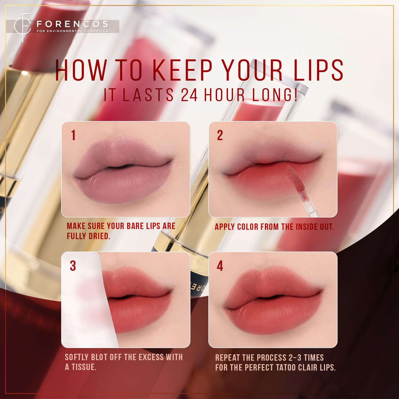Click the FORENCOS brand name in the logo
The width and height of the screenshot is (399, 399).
pyautogui.click(x=72, y=24)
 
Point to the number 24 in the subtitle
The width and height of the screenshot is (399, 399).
pyautogui.click(x=189, y=95)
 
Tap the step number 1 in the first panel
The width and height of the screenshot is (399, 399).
pyautogui.click(x=73, y=135)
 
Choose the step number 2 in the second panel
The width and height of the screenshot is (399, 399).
pyautogui.click(x=220, y=135)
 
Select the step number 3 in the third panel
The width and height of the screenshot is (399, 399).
pyautogui.click(x=73, y=266)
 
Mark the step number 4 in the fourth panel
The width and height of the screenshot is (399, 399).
pyautogui.click(x=220, y=266)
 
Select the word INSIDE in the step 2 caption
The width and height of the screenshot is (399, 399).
pyautogui.click(x=296, y=227)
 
